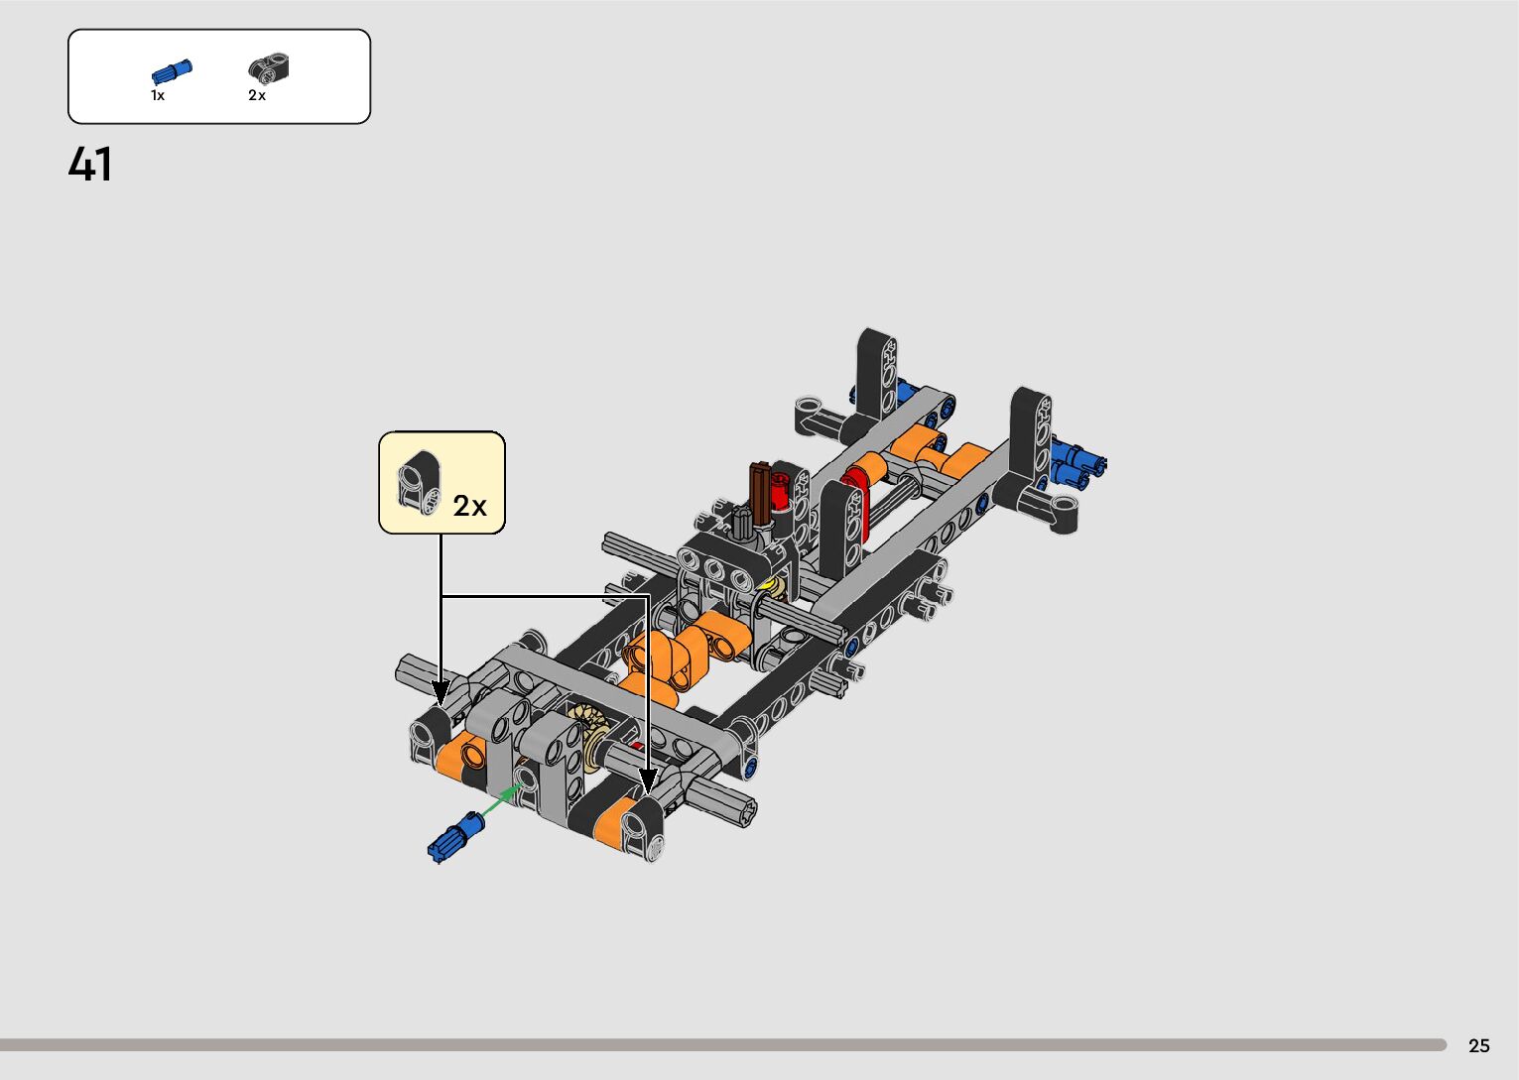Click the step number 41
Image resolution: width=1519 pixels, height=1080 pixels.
(90, 164)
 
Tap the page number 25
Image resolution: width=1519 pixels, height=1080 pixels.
(1479, 1045)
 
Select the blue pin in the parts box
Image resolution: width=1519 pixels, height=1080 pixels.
(172, 71)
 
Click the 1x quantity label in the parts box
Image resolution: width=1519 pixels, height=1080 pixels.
(158, 95)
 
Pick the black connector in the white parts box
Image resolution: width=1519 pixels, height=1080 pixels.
(269, 68)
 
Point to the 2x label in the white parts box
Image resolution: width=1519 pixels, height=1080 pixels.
(257, 95)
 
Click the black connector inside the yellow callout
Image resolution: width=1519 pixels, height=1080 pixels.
(419, 482)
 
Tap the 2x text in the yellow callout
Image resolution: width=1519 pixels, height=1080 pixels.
(470, 506)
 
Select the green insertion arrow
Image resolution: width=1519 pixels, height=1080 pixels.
(501, 798)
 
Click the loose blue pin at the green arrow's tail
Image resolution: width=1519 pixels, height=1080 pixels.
(455, 837)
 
